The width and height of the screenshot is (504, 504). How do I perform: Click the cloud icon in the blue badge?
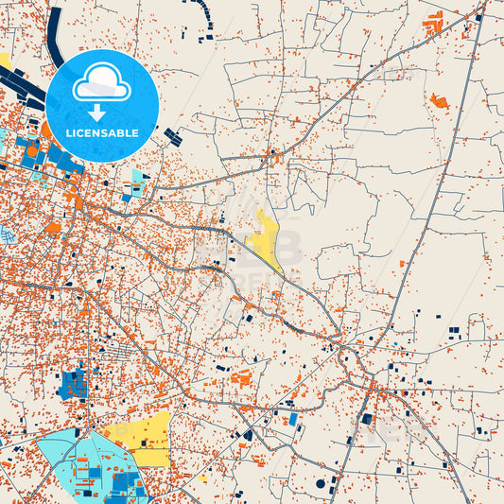[102, 82]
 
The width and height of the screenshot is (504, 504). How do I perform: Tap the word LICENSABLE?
[102, 132]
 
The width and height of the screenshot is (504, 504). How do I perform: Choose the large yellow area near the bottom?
[142, 437]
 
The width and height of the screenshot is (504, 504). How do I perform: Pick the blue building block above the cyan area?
[72, 383]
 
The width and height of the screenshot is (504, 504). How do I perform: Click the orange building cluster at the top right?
[434, 23]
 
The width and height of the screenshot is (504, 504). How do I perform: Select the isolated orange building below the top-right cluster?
[438, 100]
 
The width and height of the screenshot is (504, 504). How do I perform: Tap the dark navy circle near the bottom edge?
[321, 483]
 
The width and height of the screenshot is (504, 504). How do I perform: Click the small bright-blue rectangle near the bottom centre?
[293, 418]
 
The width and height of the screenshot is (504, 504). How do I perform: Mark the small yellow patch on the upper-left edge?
[4, 60]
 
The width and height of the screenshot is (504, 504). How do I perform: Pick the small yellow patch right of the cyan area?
[202, 478]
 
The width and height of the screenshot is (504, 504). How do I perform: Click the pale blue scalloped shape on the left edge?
[7, 234]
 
